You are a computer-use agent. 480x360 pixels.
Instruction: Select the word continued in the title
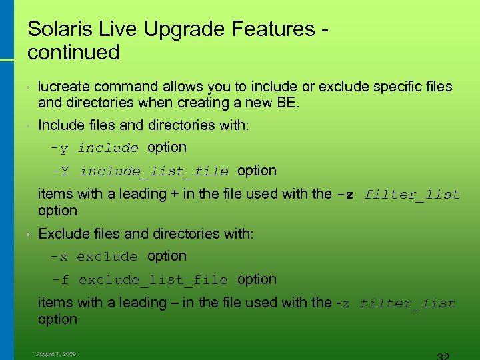(x=73, y=52)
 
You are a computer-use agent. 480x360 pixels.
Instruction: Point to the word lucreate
(x=65, y=87)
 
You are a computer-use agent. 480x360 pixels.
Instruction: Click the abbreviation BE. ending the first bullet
(x=291, y=103)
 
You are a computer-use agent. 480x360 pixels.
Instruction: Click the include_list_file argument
(x=154, y=171)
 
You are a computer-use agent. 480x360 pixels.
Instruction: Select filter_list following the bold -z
(x=412, y=195)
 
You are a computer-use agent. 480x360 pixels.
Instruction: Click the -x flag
(x=60, y=257)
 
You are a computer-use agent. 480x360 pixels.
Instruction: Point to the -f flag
(x=61, y=280)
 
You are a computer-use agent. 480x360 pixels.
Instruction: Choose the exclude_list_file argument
(x=153, y=280)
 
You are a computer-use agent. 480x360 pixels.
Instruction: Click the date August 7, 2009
(x=56, y=354)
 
